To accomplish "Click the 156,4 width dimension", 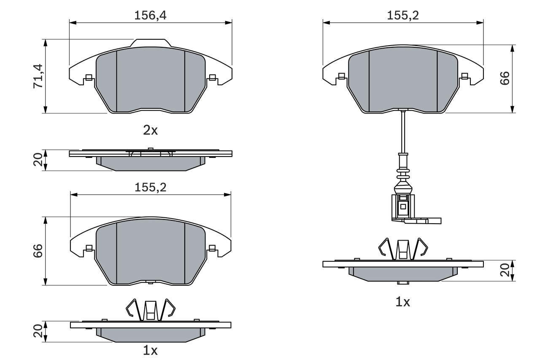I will [x=150, y=15].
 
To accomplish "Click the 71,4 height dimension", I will [x=38, y=76].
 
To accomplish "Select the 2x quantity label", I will [x=150, y=130].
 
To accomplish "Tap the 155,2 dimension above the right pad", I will [x=403, y=15].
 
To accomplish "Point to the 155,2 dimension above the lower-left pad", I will [x=150, y=187].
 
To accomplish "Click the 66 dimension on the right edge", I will [x=505, y=78].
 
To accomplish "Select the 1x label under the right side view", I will [x=402, y=302].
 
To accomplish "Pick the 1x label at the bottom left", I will [x=150, y=350].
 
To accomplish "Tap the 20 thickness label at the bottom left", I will [x=38, y=331].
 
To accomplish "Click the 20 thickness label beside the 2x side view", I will [x=38, y=160].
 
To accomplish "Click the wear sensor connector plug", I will [x=403, y=207].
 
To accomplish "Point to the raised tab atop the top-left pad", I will [x=151, y=43].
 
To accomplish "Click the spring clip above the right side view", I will [x=403, y=249].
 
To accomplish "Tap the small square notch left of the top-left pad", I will [x=89, y=77].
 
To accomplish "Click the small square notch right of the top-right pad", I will [x=464, y=76].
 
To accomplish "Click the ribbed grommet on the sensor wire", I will [x=403, y=173].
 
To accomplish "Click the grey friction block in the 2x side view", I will [x=151, y=163].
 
